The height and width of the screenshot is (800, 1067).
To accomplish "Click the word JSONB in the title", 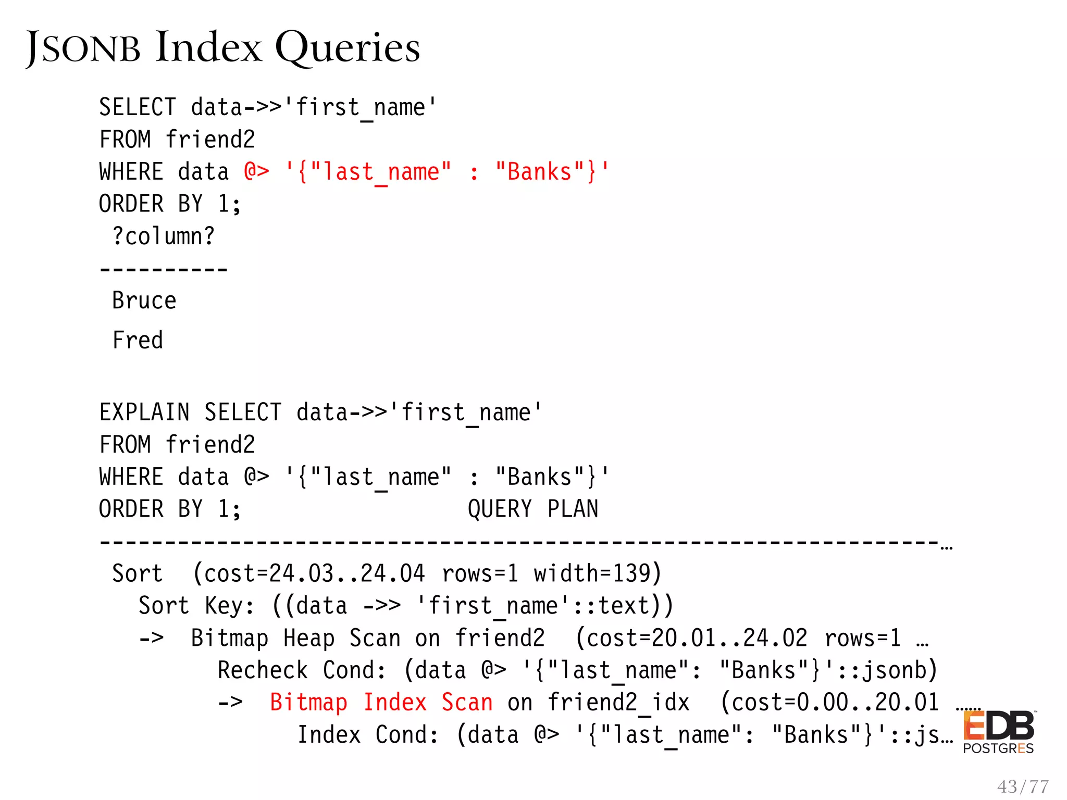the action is pos(83,48).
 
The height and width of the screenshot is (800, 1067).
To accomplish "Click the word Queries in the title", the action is pos(347,48).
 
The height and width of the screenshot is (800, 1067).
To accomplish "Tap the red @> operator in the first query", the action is pos(256,171).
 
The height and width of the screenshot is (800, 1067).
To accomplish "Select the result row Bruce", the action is pos(144,301).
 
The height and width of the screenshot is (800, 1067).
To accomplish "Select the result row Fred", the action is pos(138,340).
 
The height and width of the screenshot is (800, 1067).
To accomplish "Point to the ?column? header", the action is pos(163,236).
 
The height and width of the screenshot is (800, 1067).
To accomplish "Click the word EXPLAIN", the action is pos(144,413).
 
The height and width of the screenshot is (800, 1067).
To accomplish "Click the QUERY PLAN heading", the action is pos(533,509).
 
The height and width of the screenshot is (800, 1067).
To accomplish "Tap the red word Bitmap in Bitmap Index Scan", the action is pos(308,703).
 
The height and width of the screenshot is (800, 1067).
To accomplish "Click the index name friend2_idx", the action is pos(618,703).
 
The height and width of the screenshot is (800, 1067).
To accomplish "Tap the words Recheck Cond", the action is pos(302,670).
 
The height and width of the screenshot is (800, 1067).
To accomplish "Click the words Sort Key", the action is pos(196,606).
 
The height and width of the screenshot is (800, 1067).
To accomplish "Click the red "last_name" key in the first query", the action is pos(380,171).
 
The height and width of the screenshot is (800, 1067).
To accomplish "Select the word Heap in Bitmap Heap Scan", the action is pos(308,638).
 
